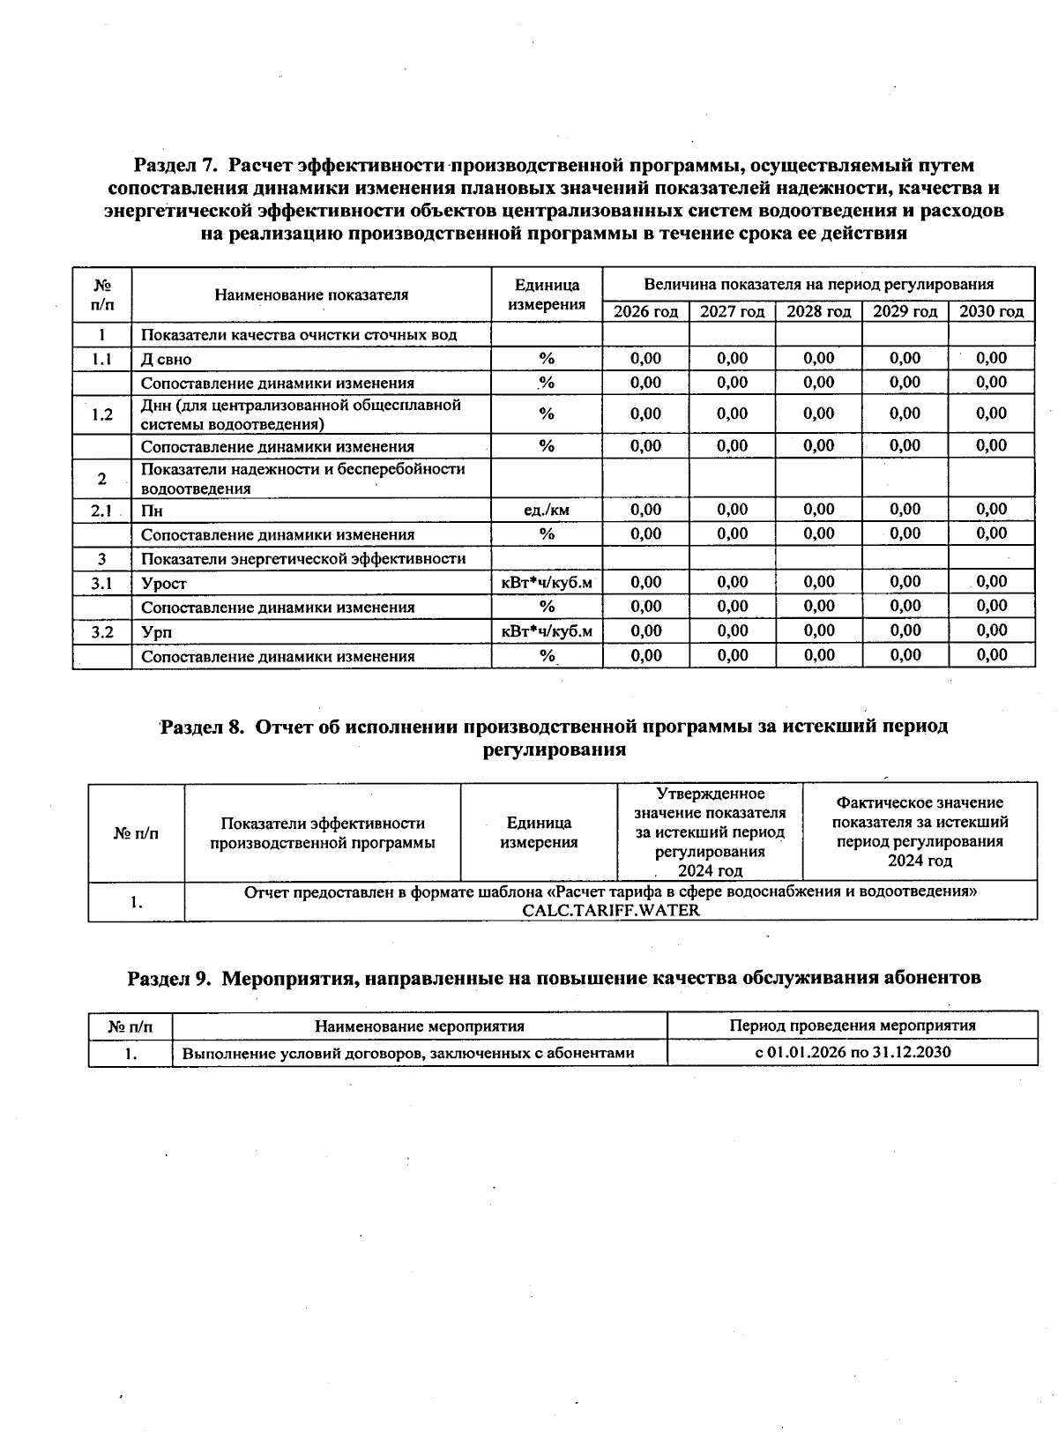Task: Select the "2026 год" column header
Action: (x=645, y=311)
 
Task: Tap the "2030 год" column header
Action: (x=991, y=311)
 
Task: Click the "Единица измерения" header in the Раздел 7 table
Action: (x=547, y=295)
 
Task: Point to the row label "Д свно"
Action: (x=167, y=359)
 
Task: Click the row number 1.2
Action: (x=102, y=414)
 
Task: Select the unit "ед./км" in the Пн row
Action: (x=547, y=510)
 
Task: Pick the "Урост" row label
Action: (x=164, y=583)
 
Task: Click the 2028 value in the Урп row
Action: (x=819, y=630)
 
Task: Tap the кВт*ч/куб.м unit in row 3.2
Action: (x=547, y=631)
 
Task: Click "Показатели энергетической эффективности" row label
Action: (x=303, y=559)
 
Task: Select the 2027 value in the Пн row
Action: (x=732, y=510)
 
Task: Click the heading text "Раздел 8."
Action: (x=202, y=727)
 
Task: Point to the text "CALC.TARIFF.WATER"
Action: (x=610, y=911)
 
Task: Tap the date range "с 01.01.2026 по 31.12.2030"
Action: (x=853, y=1052)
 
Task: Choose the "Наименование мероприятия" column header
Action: (x=420, y=1026)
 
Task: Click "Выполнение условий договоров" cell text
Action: (x=407, y=1053)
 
